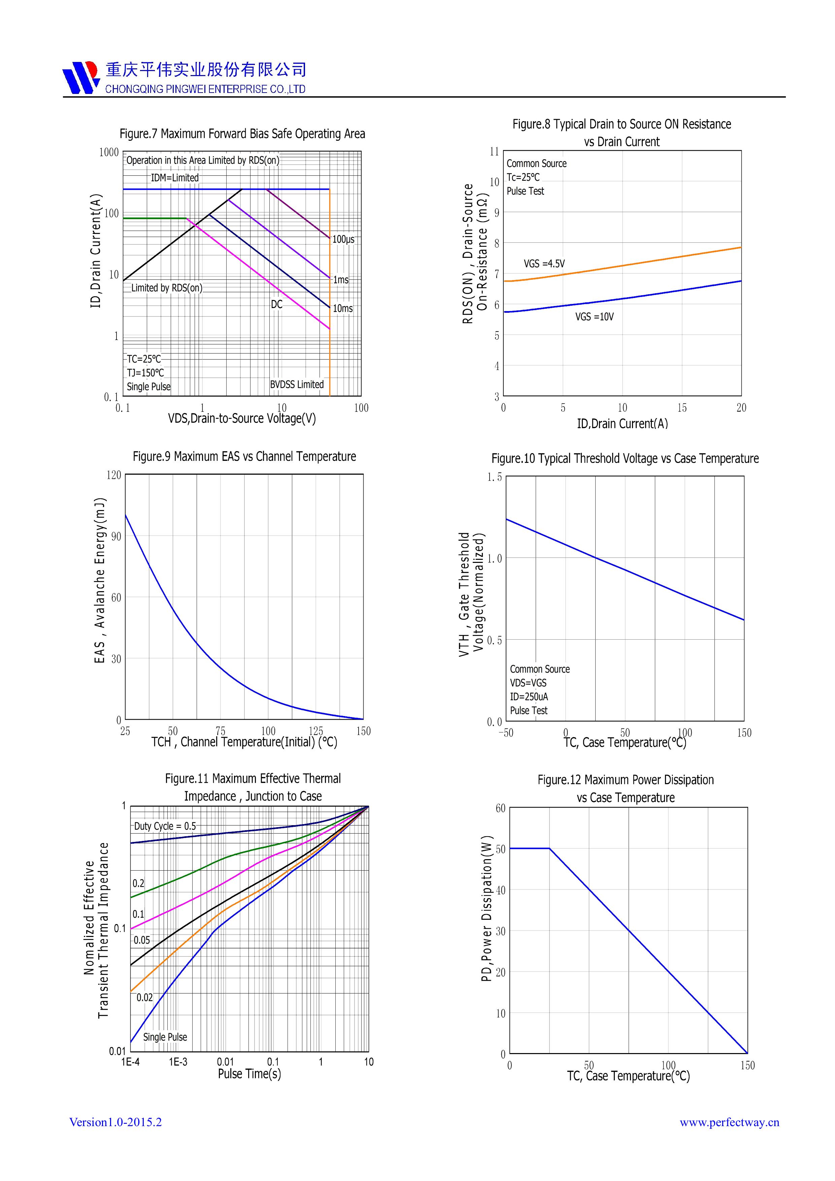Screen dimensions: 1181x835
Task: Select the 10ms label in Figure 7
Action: (x=343, y=309)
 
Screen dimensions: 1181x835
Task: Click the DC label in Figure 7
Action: (x=277, y=305)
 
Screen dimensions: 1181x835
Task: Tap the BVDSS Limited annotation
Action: (x=297, y=384)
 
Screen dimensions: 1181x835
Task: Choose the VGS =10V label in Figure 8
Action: (x=594, y=317)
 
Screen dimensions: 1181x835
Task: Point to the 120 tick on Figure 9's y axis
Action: (x=114, y=475)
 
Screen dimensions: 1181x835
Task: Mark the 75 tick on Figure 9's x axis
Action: (x=220, y=731)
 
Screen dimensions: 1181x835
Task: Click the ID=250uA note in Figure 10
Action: (x=529, y=697)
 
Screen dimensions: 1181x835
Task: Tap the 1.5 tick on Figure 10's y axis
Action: (x=494, y=477)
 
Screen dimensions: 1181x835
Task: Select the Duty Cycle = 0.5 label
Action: (x=165, y=826)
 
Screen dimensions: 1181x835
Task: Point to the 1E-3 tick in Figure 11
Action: (x=178, y=1062)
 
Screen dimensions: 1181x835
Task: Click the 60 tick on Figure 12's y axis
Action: (x=500, y=808)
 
